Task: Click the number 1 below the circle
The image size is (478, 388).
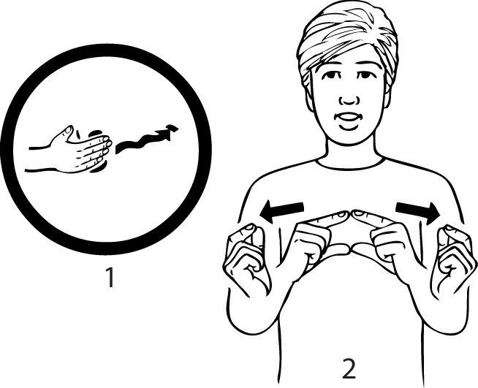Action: (110, 277)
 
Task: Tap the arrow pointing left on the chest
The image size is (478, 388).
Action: (281, 211)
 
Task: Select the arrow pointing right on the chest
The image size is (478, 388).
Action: (418, 212)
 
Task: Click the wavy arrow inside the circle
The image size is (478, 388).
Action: (145, 140)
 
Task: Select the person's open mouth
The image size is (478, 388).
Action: (348, 118)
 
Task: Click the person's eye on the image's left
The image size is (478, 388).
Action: (332, 75)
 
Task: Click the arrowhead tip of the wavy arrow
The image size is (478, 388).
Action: (178, 129)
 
